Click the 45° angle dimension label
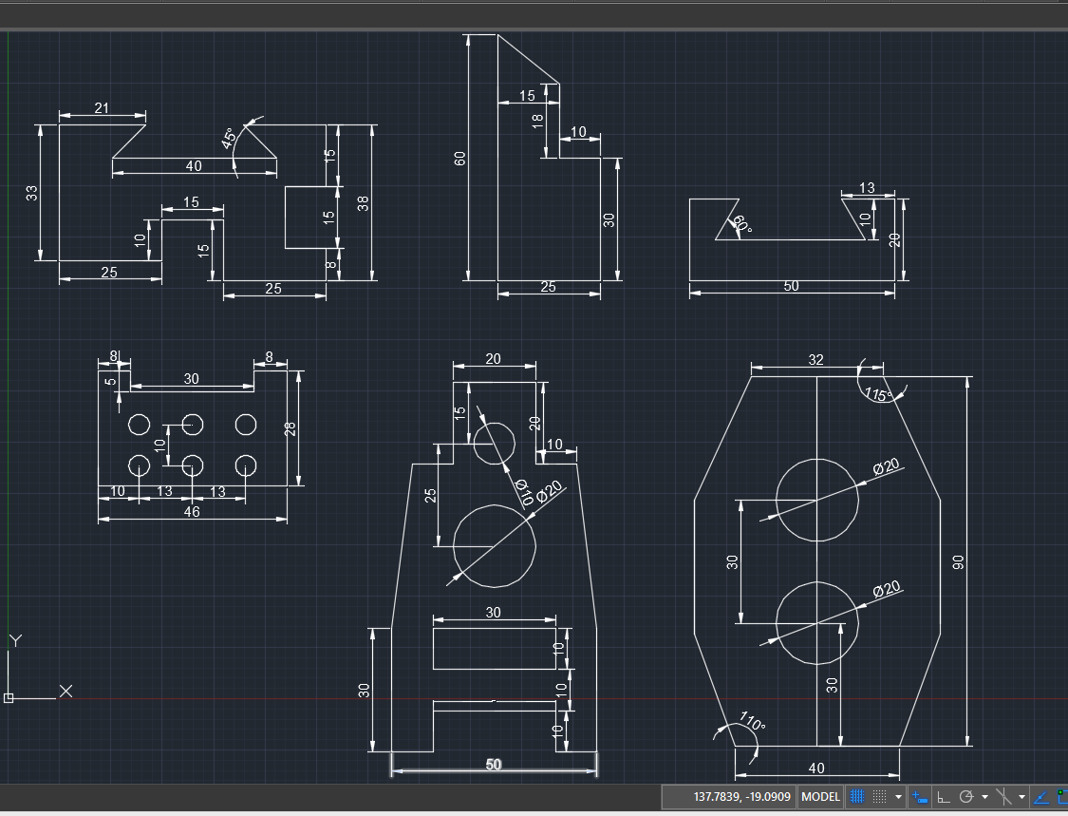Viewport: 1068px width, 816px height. point(230,139)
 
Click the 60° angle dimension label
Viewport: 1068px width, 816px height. point(741,224)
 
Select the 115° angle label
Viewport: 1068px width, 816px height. point(878,395)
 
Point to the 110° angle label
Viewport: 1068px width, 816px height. point(753,721)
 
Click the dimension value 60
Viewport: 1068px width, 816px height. point(459,158)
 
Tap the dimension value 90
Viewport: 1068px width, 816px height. point(958,562)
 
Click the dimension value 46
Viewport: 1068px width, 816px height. point(192,511)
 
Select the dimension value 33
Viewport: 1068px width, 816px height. point(32,193)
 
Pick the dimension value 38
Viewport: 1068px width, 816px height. point(363,203)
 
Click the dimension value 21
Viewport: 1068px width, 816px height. point(102,107)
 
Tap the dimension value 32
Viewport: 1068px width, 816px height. point(816,359)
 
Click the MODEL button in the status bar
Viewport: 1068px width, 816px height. point(821,796)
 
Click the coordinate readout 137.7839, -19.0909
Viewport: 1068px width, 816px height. point(741,796)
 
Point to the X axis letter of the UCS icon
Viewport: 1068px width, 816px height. point(66,692)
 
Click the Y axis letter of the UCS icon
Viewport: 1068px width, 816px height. point(16,641)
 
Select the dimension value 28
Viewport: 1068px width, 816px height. point(290,428)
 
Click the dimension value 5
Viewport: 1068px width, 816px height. point(110,381)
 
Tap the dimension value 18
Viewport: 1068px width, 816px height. point(537,122)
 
